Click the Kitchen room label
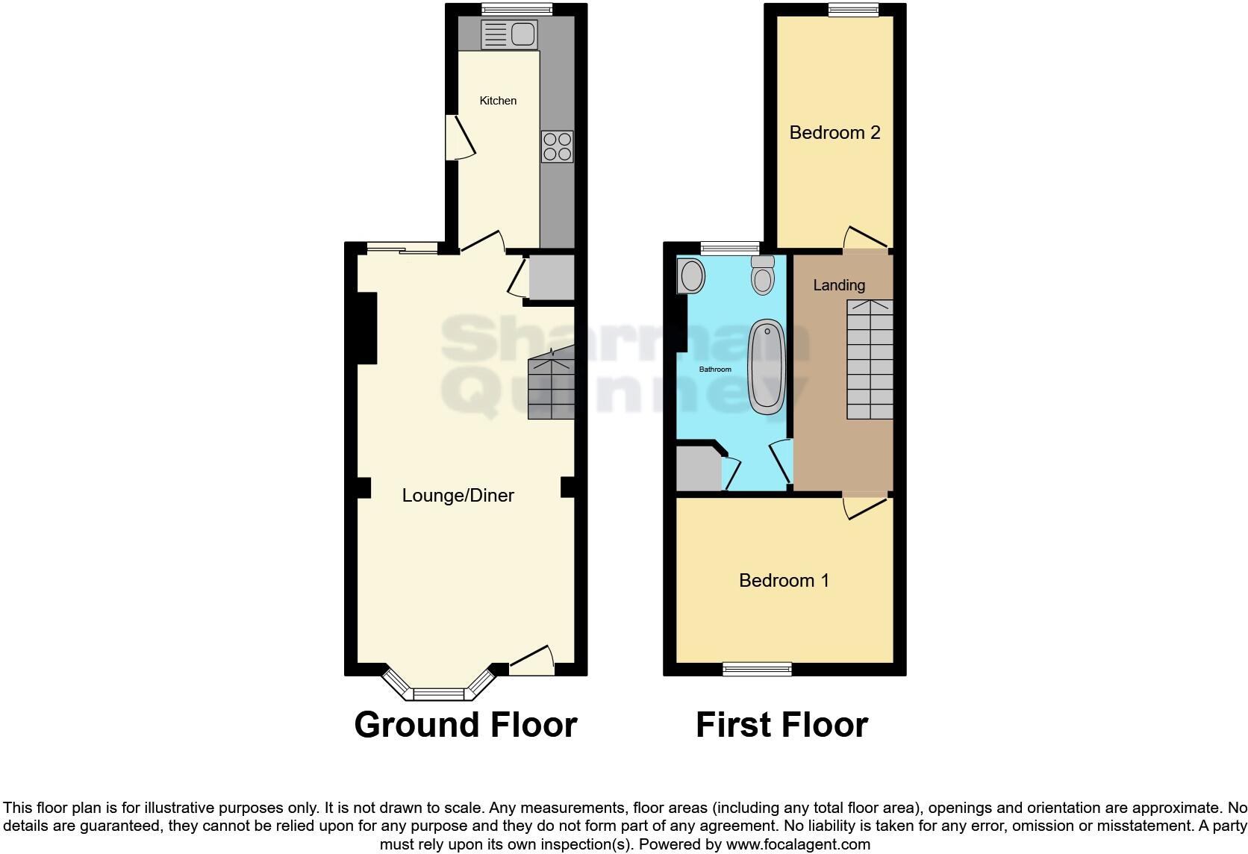[x=498, y=101]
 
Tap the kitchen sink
[x=509, y=34]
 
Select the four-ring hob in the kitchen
[x=557, y=146]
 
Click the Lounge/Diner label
[x=458, y=496]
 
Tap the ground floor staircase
[x=552, y=388]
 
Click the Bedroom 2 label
[x=834, y=133]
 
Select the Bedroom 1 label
[x=784, y=581]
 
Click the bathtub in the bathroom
[x=767, y=367]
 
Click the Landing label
[x=839, y=285]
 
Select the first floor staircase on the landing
[x=870, y=359]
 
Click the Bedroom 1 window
[x=757, y=669]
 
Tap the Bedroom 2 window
[x=853, y=10]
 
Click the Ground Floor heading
[x=465, y=725]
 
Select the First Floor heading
[x=781, y=725]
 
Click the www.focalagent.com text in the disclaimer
[x=798, y=845]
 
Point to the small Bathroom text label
[x=715, y=370]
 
